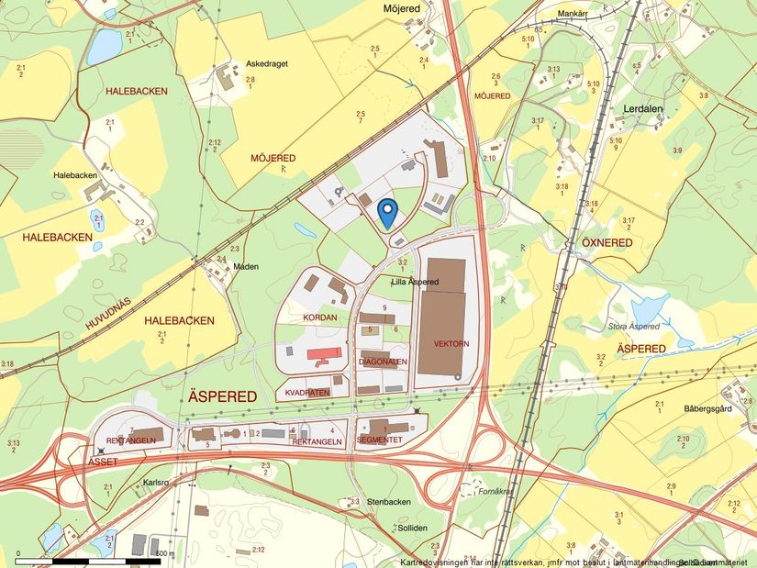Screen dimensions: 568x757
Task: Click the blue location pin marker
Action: pyautogui.click(x=387, y=212)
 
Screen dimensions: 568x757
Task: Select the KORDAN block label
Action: pyautogui.click(x=320, y=317)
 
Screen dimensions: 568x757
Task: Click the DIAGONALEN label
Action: pyautogui.click(x=383, y=362)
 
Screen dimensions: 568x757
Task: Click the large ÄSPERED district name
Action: pyautogui.click(x=222, y=396)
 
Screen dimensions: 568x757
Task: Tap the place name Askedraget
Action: pyautogui.click(x=267, y=65)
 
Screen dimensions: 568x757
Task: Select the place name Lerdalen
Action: pyautogui.click(x=642, y=108)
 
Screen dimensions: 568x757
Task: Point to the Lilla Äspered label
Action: pyautogui.click(x=415, y=282)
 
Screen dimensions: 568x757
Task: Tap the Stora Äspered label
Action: pyautogui.click(x=634, y=326)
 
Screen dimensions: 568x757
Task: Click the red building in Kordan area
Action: pyautogui.click(x=323, y=353)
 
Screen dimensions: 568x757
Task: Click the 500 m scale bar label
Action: pyautogui.click(x=165, y=553)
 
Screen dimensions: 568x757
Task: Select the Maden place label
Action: pyautogui.click(x=246, y=267)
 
